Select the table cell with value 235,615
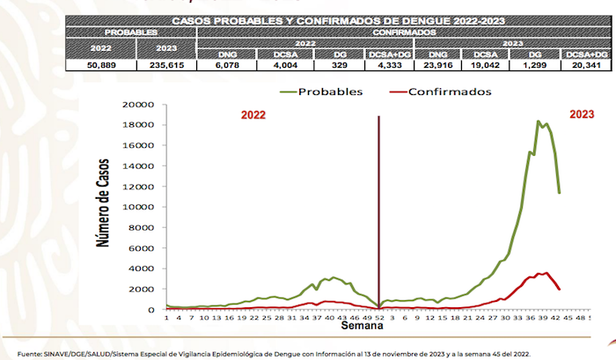[x=165, y=65]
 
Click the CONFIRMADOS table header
[x=404, y=32]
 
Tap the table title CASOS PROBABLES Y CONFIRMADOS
[x=335, y=18]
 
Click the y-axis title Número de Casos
[x=104, y=209]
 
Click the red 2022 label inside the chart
[x=253, y=114]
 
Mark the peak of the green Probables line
[x=538, y=121]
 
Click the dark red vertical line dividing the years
[x=378, y=211]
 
